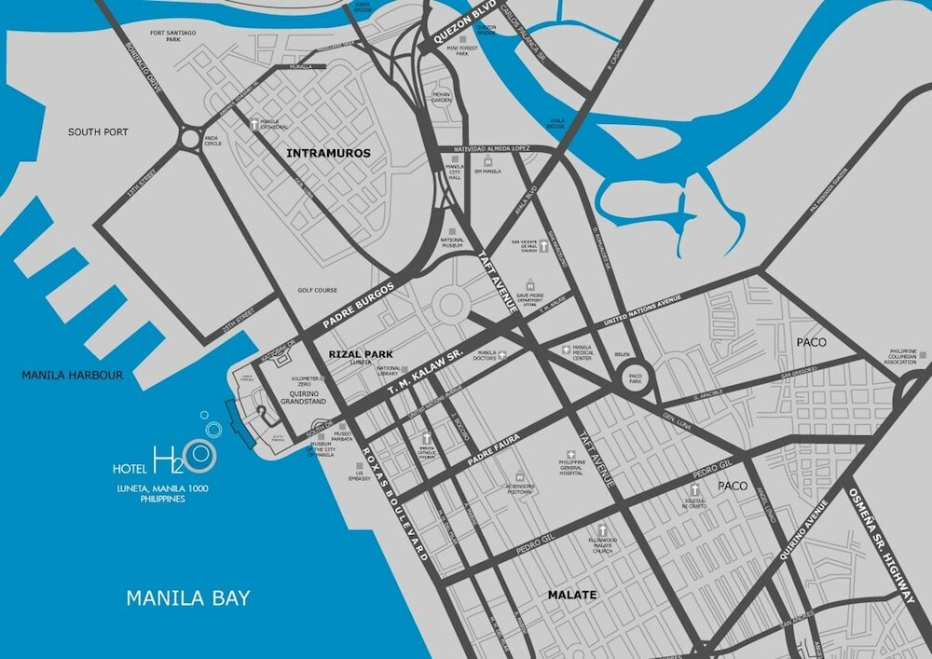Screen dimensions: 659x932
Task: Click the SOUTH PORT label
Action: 98,132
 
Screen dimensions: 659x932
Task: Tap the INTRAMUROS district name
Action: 328,153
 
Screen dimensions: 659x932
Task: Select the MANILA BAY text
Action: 188,597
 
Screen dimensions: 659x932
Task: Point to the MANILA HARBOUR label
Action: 74,376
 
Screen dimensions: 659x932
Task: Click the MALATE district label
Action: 571,594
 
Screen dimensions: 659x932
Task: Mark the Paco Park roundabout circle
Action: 636,380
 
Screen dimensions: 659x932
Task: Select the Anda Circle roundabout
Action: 193,133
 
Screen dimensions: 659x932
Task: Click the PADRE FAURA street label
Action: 491,451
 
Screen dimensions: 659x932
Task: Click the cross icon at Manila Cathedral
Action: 253,123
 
